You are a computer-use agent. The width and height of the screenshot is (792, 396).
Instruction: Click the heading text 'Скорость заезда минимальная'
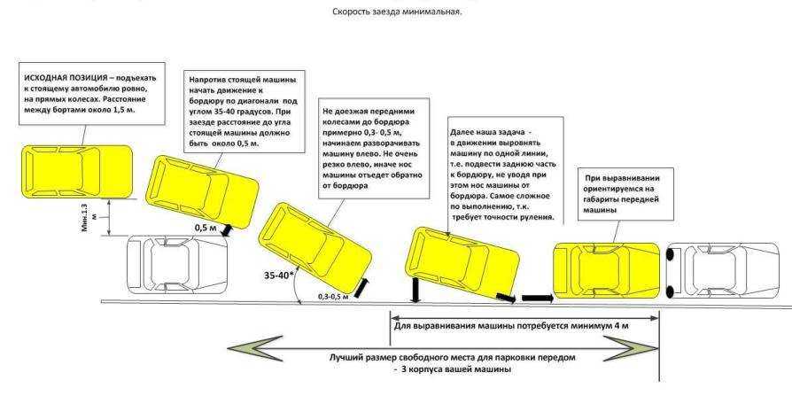click(397, 12)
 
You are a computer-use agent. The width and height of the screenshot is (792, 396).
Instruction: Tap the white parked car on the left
click(177, 263)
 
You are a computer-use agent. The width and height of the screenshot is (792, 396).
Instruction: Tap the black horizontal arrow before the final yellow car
click(537, 299)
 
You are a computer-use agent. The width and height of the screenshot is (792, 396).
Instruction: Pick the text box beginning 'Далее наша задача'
click(501, 171)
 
